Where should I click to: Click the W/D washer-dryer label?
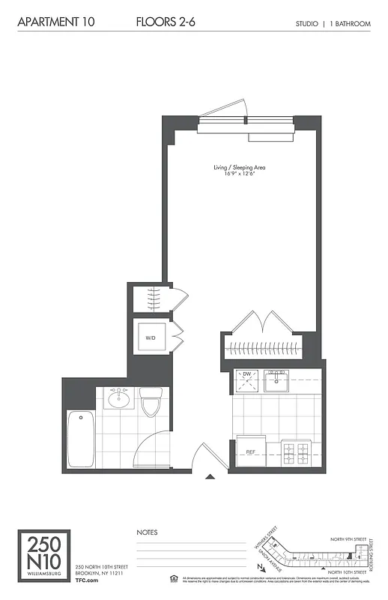point(150,337)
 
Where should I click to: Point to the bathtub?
point(81,438)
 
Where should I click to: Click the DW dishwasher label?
point(245,373)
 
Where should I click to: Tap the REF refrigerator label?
point(252,452)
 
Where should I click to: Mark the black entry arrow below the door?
point(210,475)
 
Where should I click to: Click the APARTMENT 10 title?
point(56,23)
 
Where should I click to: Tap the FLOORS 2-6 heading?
point(166,23)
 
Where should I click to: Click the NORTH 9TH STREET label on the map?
point(349,538)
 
